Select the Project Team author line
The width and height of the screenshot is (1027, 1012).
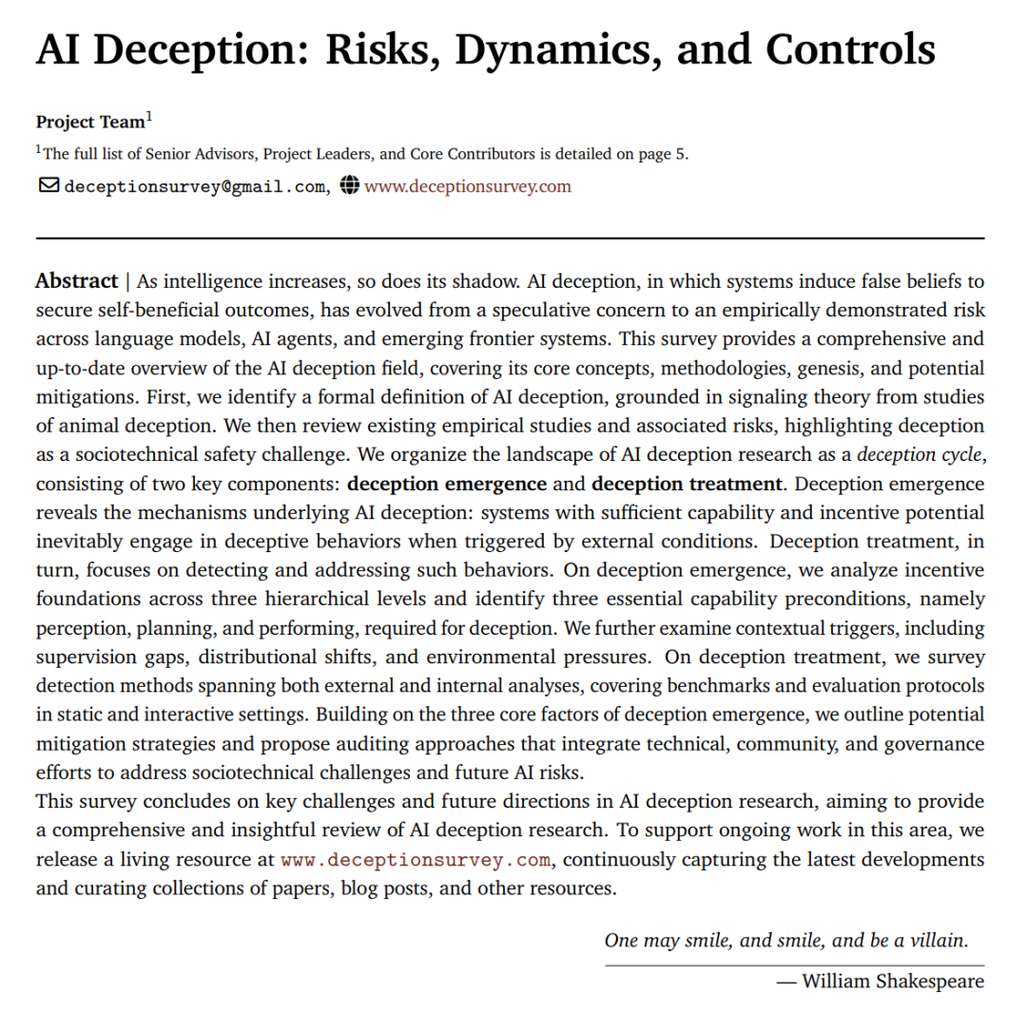coord(91,122)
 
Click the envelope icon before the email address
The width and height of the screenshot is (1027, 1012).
coord(48,185)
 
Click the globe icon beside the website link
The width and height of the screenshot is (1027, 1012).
coord(350,185)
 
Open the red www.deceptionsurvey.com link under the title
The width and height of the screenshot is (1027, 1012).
coord(468,186)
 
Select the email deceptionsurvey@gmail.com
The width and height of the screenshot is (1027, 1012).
coord(195,187)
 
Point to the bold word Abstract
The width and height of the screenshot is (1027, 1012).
coord(76,281)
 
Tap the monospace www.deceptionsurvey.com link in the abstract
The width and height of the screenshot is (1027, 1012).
coord(417,861)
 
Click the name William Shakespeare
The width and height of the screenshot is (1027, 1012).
coord(893,981)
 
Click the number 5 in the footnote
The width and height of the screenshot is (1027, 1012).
coord(681,155)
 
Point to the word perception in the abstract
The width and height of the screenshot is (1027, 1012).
coord(76,629)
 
